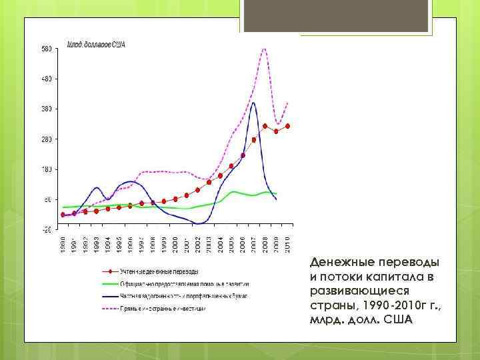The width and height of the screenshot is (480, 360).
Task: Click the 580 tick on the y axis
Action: click(x=47, y=49)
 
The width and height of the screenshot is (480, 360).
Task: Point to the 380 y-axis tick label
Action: click(x=47, y=109)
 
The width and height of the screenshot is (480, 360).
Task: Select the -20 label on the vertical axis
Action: click(x=47, y=230)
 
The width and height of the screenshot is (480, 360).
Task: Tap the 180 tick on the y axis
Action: click(x=47, y=169)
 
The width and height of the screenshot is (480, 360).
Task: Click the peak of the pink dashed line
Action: click(x=265, y=49)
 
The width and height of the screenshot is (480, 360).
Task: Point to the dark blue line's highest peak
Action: click(x=253, y=102)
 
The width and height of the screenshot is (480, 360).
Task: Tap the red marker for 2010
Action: click(x=288, y=126)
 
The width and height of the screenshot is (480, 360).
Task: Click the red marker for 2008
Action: click(x=265, y=126)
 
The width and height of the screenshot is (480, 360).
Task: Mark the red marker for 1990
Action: click(x=63, y=215)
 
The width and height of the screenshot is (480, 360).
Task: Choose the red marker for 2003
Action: click(x=209, y=182)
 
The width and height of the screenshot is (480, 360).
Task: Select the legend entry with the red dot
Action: click(x=160, y=272)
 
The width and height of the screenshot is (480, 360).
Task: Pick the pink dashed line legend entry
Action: click(x=160, y=309)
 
